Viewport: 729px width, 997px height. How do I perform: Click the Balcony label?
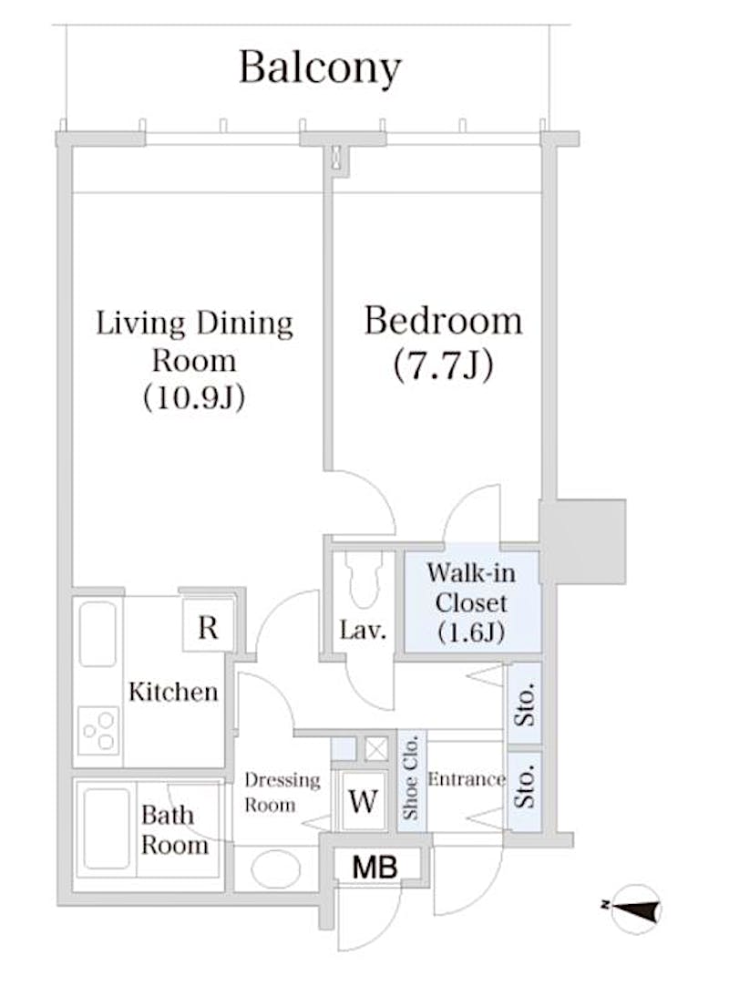[320, 67]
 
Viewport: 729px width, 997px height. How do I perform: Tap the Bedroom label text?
[443, 321]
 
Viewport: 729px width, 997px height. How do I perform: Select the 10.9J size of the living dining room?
[194, 398]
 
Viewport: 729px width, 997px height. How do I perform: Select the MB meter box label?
[375, 867]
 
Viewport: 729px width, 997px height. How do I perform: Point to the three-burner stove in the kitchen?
[98, 731]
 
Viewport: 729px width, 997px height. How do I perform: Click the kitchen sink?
[98, 633]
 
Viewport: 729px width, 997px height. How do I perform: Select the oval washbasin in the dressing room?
[276, 869]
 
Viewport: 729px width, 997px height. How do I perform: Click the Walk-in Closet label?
[472, 602]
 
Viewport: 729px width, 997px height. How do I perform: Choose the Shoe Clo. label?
[411, 776]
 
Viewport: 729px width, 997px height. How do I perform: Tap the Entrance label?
[467, 779]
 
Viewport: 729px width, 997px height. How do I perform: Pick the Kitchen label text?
[173, 691]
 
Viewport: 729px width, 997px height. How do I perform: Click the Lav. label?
[363, 631]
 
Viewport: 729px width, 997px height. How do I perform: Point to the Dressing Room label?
[282, 792]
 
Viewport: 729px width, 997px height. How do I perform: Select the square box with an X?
[375, 748]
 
